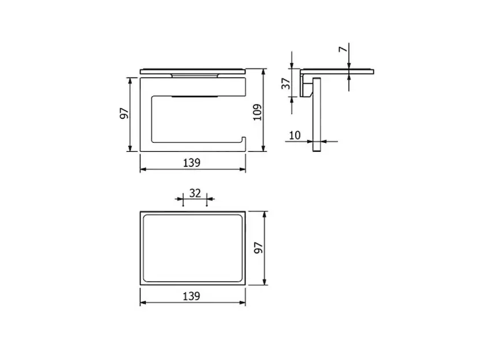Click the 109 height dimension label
[258, 112]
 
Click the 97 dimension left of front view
[124, 113]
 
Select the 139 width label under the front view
[191, 163]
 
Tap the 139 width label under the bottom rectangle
[191, 296]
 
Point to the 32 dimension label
[195, 193]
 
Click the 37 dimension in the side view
[286, 83]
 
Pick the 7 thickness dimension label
[343, 49]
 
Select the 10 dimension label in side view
[295, 135]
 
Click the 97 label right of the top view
[259, 248]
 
